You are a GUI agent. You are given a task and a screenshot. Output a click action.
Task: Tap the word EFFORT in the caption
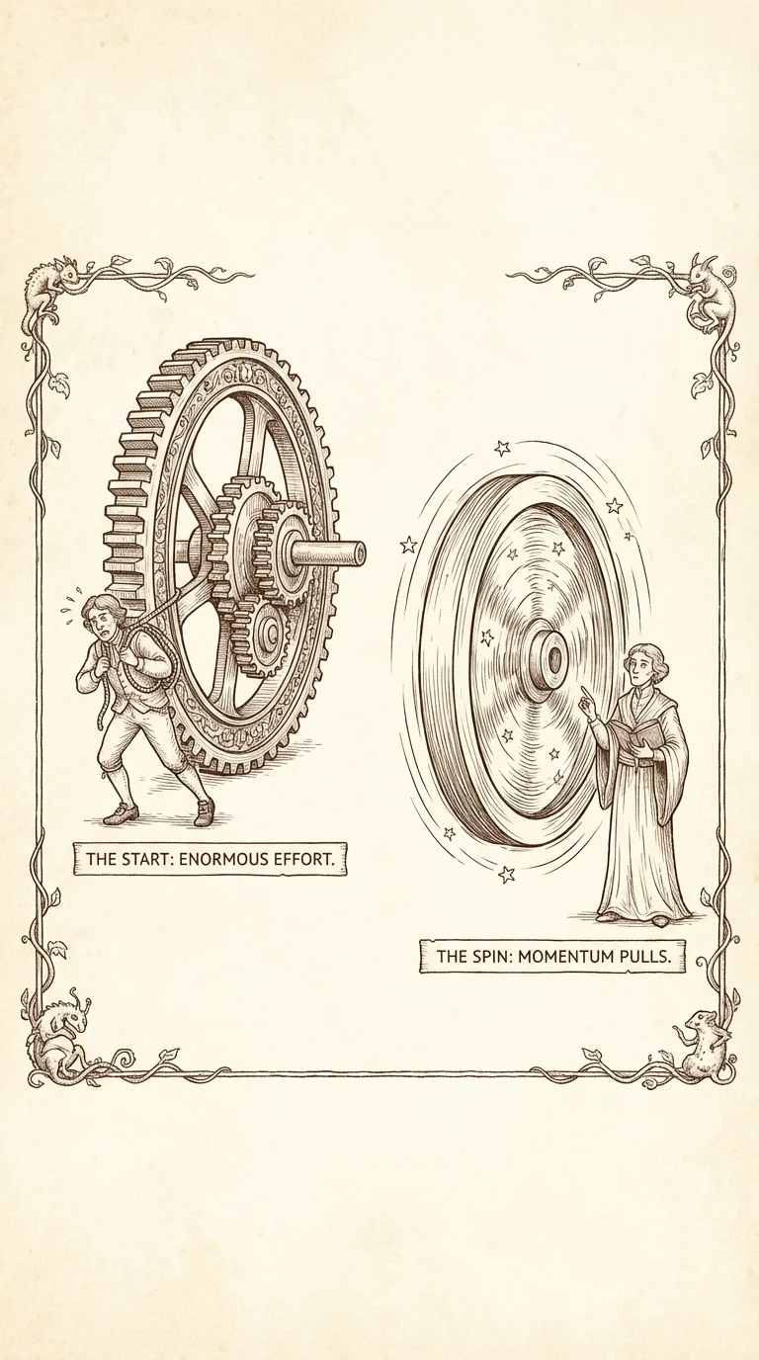pyautogui.click(x=310, y=859)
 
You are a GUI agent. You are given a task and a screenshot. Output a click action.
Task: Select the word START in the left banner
pyautogui.click(x=148, y=859)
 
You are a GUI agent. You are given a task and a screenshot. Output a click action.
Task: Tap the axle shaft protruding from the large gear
pyautogui.click(x=331, y=552)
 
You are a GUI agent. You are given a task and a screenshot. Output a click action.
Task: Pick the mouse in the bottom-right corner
pyautogui.click(x=708, y=1042)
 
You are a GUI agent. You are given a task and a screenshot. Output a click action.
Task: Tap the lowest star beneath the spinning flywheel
pyautogui.click(x=507, y=874)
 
